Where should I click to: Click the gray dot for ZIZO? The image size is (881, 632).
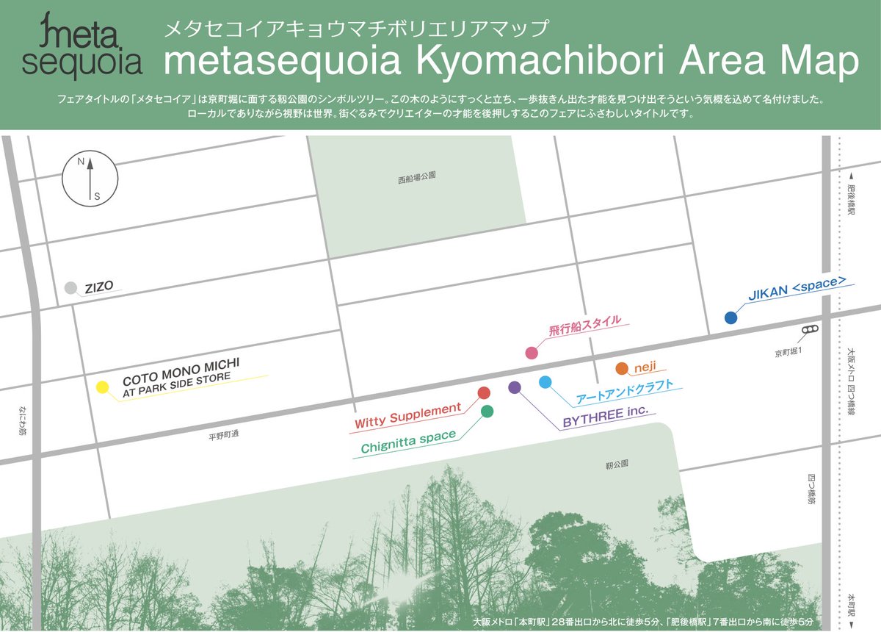(70, 288)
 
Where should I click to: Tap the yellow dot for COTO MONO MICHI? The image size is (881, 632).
(102, 387)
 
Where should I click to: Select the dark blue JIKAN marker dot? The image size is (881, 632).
(730, 318)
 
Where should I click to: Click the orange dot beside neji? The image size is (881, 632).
(621, 368)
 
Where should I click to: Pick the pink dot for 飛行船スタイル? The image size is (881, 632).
(532, 353)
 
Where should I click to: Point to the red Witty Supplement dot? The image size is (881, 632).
(484, 393)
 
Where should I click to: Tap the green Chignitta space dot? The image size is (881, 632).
(487, 412)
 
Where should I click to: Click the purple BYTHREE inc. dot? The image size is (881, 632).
(514, 387)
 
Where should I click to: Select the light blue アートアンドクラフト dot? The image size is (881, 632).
(545, 382)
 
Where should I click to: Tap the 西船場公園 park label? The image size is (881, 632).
(417, 176)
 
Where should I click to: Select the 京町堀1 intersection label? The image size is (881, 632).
(789, 353)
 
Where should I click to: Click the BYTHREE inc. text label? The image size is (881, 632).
(606, 417)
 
